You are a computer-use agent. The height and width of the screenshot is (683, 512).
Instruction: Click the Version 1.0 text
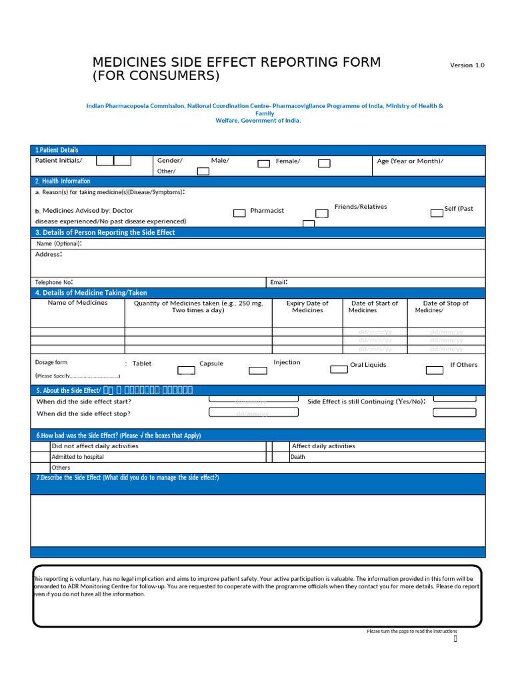coord(467,65)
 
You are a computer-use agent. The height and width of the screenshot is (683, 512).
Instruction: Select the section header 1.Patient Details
coord(57,150)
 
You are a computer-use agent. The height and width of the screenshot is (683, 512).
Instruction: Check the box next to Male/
coord(263,163)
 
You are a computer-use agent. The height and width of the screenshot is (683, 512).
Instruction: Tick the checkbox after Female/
coord(323,163)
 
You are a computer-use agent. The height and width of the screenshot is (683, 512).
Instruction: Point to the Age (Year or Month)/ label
coord(409,161)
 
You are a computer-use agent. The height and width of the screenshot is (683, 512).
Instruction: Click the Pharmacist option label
coord(267,211)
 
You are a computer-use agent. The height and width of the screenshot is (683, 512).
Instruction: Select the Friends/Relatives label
coord(360,207)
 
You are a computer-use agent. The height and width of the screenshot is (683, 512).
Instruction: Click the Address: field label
coord(49,255)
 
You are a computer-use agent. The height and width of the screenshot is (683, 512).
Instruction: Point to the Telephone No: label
coord(54,282)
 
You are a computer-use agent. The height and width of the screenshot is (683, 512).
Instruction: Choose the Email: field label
coord(279,282)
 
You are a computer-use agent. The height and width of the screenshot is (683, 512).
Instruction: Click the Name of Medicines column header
coord(77,303)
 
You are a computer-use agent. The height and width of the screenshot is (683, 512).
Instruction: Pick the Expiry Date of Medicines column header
coord(307,307)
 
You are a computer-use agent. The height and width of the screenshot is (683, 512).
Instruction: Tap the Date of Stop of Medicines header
coord(445,307)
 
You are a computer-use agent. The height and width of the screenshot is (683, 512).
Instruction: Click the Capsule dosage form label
coord(211,364)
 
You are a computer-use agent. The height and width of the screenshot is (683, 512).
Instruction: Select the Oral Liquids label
coord(368,365)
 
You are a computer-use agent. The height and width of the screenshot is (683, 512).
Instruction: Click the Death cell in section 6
coord(298,457)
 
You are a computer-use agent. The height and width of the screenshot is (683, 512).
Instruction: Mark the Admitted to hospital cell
coord(77,457)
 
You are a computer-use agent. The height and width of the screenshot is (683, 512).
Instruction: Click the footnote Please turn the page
coord(411,631)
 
